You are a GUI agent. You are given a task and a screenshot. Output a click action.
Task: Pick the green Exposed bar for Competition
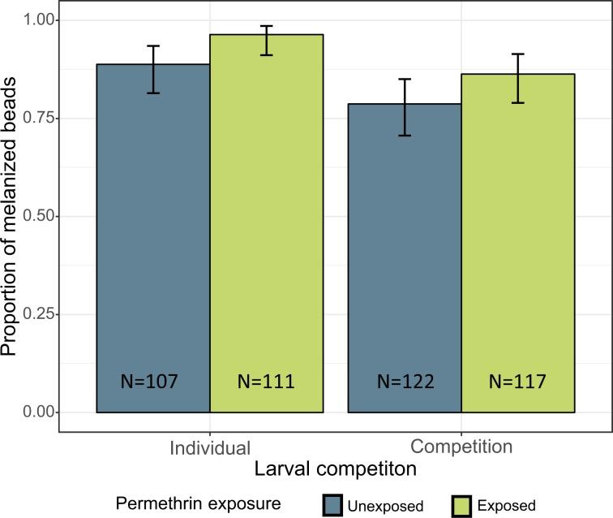[x=518, y=244]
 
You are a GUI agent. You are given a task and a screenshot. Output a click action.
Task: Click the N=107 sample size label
[x=153, y=380]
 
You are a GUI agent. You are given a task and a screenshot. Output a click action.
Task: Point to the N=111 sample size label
[x=267, y=380]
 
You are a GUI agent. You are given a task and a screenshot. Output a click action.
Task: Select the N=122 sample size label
[x=405, y=380]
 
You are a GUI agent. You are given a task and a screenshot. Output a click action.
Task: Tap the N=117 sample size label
[x=518, y=380]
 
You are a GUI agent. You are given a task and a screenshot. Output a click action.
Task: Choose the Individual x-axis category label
[x=210, y=447]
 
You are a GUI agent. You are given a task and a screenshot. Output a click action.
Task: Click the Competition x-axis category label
[x=461, y=447]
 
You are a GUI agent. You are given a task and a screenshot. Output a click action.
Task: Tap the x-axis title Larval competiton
[x=335, y=469]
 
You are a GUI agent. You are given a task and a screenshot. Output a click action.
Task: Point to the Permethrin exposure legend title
[x=199, y=504]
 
